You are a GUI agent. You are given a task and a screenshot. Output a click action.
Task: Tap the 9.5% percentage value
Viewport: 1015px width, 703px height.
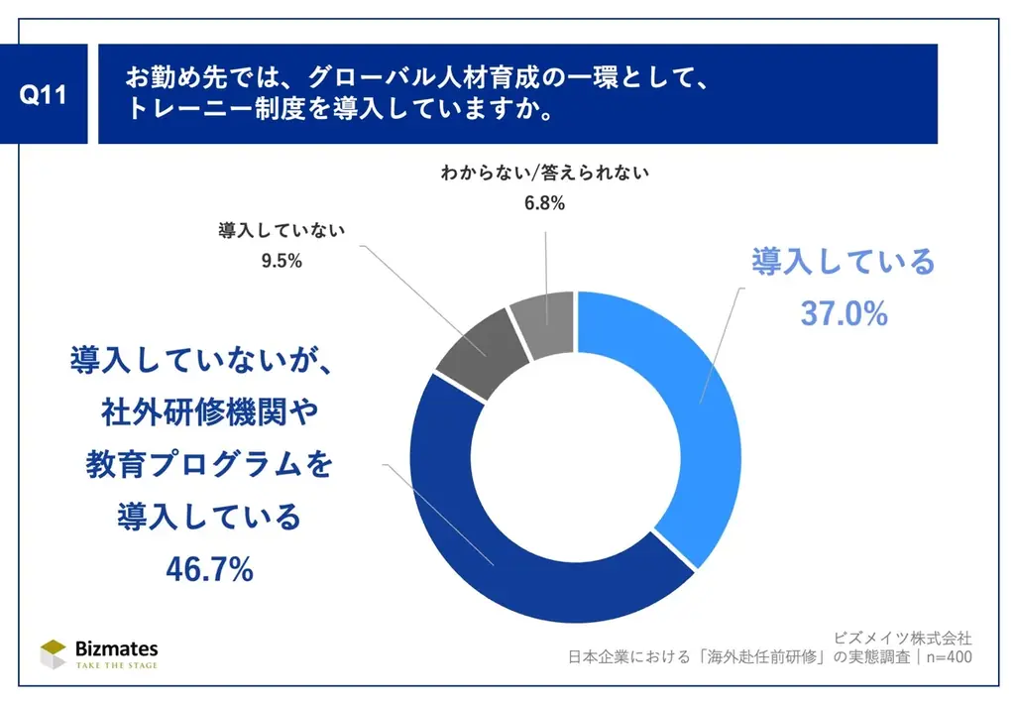tap(281, 263)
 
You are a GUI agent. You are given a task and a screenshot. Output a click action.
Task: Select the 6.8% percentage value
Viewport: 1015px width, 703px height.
tap(543, 204)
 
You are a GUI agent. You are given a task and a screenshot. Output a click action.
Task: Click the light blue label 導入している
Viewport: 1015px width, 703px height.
tap(843, 263)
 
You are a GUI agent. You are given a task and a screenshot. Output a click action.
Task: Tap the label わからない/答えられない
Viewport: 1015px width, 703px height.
tap(544, 175)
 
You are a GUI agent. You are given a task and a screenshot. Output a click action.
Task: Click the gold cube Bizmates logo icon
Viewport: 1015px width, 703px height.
tap(54, 653)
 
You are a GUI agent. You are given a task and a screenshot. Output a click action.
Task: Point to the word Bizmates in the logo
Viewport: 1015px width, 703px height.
tap(117, 647)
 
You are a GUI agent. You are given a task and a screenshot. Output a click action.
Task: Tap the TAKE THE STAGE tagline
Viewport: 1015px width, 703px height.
tap(117, 665)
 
